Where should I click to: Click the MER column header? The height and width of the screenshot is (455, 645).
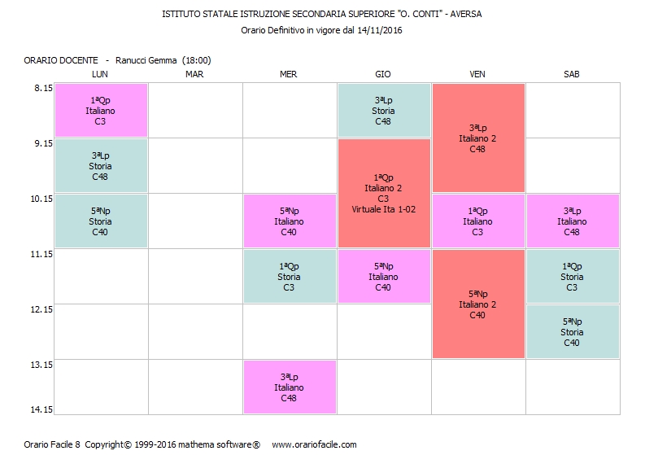(x=288, y=74)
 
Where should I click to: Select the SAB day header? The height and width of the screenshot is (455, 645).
(x=571, y=74)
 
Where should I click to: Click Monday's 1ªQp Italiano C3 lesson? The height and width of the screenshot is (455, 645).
(x=100, y=111)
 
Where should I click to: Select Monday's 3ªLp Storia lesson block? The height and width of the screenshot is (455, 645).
(x=100, y=166)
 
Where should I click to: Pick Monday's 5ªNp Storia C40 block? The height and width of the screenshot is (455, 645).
(x=100, y=221)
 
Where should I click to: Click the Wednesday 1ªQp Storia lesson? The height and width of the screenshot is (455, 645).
(x=289, y=276)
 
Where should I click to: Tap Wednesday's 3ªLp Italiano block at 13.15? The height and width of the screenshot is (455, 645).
(x=289, y=387)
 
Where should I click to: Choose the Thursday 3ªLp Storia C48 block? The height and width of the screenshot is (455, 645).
(x=383, y=111)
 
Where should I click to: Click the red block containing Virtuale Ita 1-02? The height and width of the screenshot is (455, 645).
(x=383, y=193)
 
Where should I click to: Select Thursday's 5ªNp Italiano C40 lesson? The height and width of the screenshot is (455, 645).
(x=383, y=276)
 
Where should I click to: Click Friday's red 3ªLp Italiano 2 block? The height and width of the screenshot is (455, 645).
(x=477, y=138)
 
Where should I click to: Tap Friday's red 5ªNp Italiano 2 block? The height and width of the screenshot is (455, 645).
(x=477, y=304)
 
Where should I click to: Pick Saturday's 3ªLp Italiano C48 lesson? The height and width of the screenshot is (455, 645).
(x=572, y=221)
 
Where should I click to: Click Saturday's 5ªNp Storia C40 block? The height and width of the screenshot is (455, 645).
(x=572, y=331)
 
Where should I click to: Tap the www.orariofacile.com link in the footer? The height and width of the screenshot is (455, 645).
(x=314, y=444)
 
